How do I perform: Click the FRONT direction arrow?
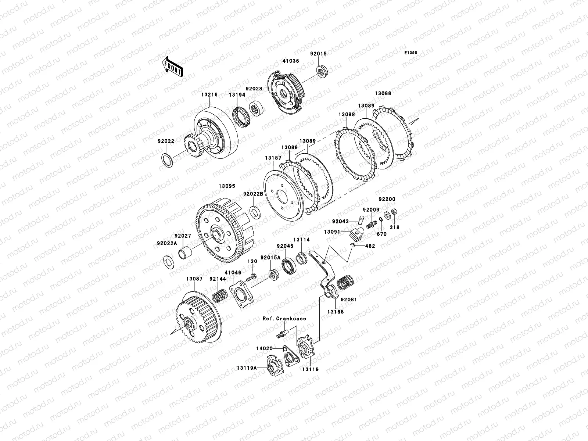point(172,67)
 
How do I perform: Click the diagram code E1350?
point(410,53)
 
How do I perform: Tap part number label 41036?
point(291,61)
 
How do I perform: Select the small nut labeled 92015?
point(322,72)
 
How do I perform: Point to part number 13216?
point(209,95)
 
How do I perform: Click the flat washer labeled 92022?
point(167,160)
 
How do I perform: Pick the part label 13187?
point(273,158)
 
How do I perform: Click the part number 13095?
point(227,186)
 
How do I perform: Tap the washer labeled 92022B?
point(255,212)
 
